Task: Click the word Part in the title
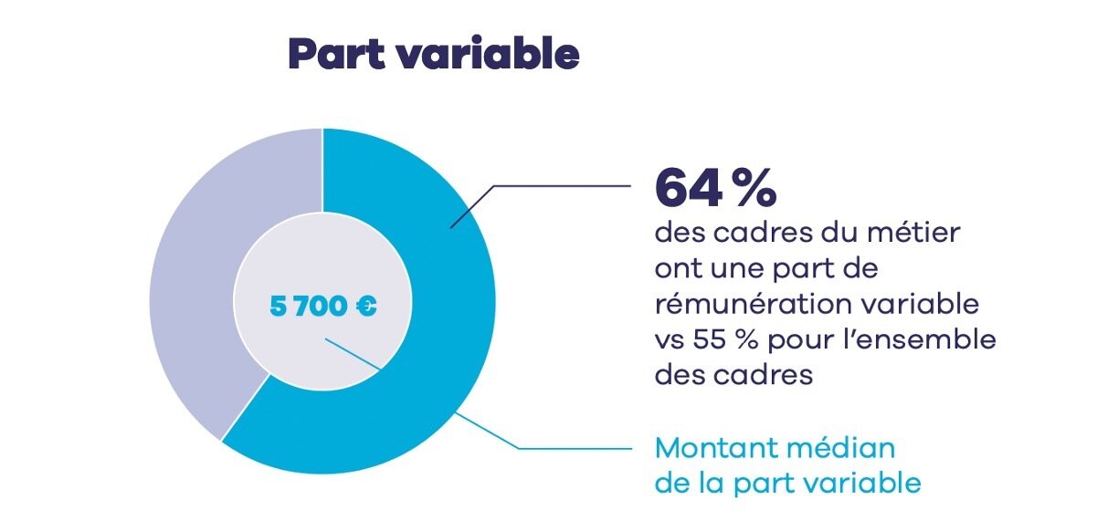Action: coord(332,55)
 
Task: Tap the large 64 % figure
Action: coord(715,188)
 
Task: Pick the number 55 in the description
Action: coord(712,339)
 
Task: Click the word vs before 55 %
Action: coord(670,339)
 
